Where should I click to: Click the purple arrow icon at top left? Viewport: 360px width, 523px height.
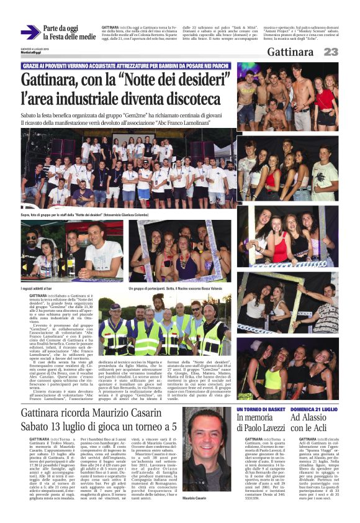(x=30, y=32)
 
